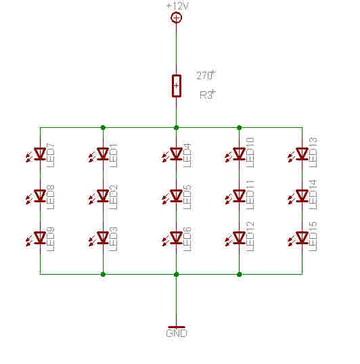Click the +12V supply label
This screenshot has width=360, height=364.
(177, 5)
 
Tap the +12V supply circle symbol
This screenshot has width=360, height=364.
(176, 18)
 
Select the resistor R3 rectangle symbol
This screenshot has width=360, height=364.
(177, 86)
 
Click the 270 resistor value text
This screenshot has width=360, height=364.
(206, 76)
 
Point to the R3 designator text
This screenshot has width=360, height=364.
(208, 95)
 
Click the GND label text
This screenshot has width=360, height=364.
(177, 334)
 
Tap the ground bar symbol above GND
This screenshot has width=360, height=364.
(177, 327)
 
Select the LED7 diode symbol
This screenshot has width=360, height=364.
(39, 154)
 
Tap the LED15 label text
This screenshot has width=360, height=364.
(313, 237)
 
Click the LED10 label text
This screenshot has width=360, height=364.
(250, 152)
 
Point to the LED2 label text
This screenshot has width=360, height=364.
(113, 198)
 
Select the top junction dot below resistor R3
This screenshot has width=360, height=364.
(176, 127)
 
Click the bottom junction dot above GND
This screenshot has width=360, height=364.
(176, 275)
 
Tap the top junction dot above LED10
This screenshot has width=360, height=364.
(240, 127)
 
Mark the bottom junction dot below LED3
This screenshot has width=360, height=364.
(103, 275)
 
